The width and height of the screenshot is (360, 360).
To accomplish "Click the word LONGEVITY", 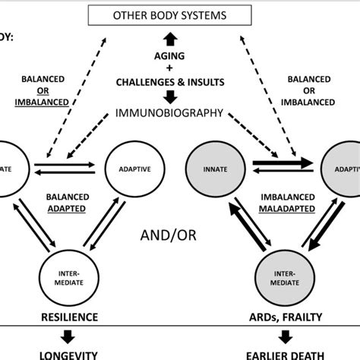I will tap(70, 353).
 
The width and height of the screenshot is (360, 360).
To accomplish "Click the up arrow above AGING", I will tap(170, 39).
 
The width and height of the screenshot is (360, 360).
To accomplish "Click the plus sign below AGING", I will tap(170, 68).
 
